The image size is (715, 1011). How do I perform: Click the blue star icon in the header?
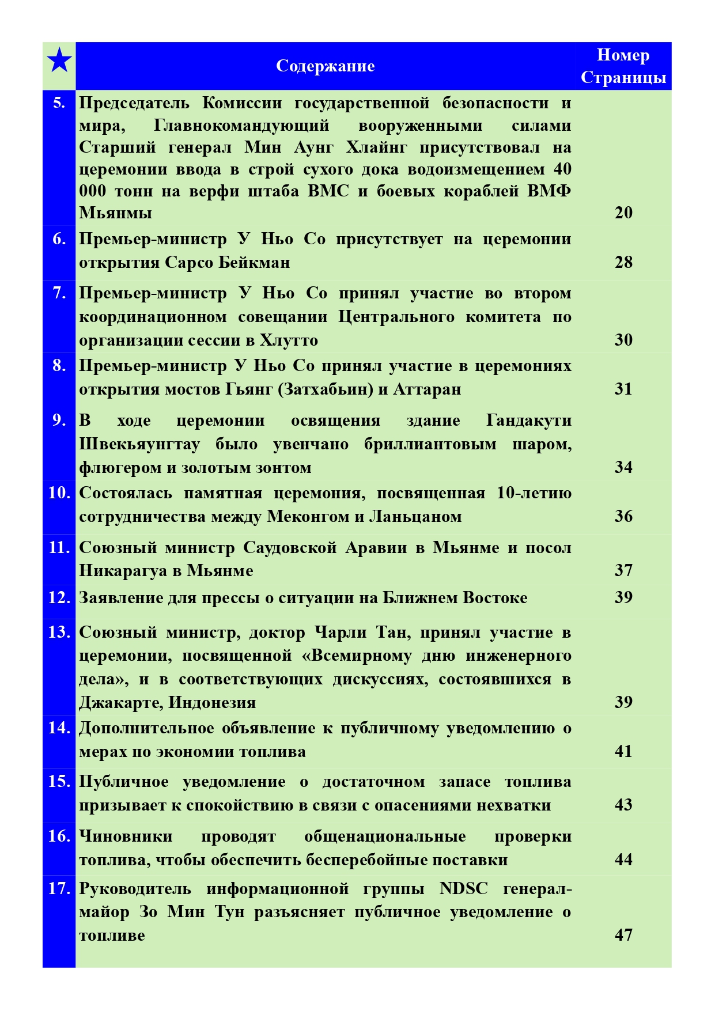59,60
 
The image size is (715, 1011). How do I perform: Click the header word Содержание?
325,66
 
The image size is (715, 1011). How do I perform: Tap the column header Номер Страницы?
623,66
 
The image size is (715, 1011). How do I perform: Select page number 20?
623,213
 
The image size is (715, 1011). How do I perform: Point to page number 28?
623,262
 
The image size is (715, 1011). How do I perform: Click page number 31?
623,389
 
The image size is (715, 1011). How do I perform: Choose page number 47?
623,934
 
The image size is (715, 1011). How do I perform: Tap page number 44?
623,859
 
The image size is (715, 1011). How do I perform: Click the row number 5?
59,103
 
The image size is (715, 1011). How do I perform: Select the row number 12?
59,597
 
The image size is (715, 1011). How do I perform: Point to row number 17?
59,888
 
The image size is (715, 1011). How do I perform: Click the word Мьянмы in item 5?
115,213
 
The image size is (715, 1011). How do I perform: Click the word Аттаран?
427,389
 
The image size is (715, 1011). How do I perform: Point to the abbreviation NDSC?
463,889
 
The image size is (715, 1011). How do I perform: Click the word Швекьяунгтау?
139,444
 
